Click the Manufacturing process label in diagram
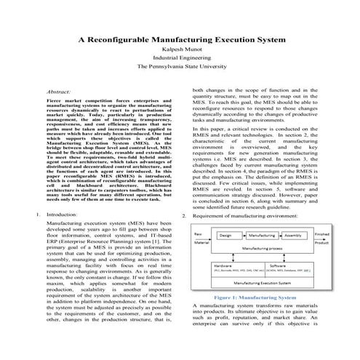[259, 249]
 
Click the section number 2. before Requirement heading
[185, 217]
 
